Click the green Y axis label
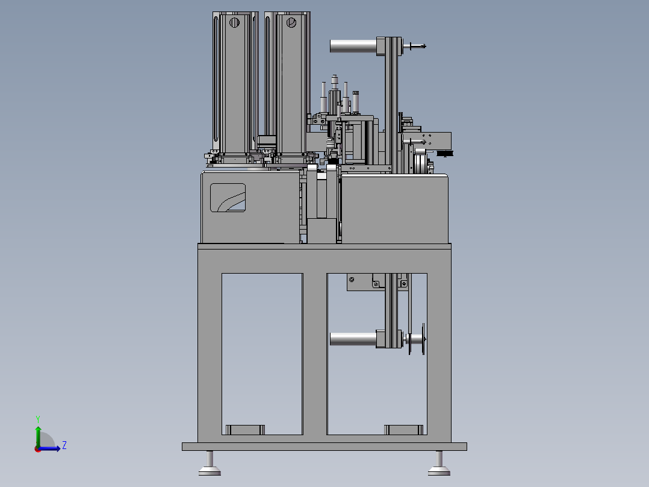[x=38, y=419]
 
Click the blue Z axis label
[x=64, y=445]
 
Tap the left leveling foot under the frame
[x=210, y=463]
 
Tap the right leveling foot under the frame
[x=439, y=463]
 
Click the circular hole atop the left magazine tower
[x=234, y=22]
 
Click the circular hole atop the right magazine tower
[x=291, y=22]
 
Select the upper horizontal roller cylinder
[x=353, y=46]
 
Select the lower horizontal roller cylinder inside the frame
[x=353, y=339]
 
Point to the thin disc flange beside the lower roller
[x=423, y=339]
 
